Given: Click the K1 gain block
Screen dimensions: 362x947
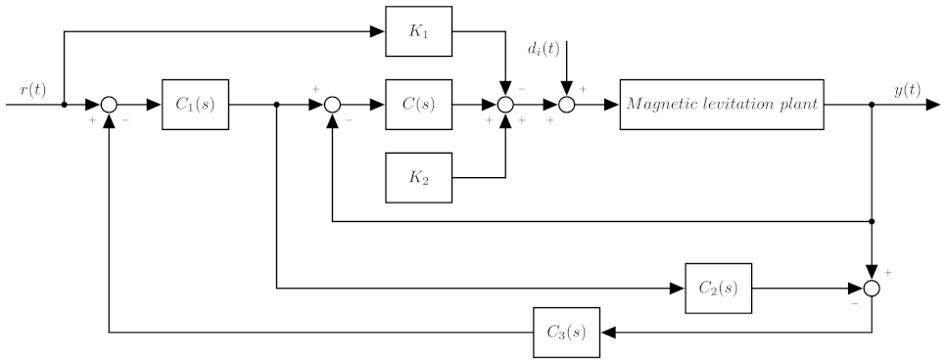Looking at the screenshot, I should point(420,31).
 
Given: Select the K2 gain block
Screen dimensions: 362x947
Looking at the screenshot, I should point(420,177).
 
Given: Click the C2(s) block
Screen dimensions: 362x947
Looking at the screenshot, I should point(719,288).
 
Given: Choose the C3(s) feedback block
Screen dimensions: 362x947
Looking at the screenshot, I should point(567,332).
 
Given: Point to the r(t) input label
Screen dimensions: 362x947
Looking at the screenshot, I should point(32,90).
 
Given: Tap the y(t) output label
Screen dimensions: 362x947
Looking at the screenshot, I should point(907,90).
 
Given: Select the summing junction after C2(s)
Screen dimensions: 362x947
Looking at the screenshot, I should point(872,288).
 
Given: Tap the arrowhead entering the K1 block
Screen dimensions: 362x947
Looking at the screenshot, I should point(377,31).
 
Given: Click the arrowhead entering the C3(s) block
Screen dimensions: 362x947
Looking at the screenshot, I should point(608,332).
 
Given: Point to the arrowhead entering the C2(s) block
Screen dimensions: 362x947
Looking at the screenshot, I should point(677,288).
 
